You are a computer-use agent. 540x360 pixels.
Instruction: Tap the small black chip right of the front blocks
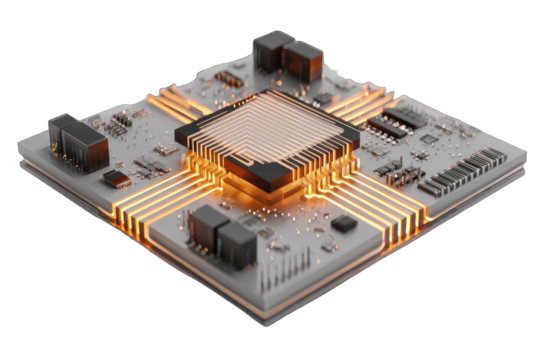click(343, 223)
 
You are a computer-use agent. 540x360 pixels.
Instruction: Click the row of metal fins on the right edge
click(463, 171)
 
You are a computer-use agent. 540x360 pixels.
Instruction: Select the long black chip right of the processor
click(398, 123)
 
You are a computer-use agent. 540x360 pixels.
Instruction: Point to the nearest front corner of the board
click(263, 323)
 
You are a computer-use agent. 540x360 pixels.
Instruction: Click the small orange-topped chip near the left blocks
click(116, 178)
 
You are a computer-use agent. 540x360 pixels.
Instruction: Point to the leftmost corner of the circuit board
click(20, 150)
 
